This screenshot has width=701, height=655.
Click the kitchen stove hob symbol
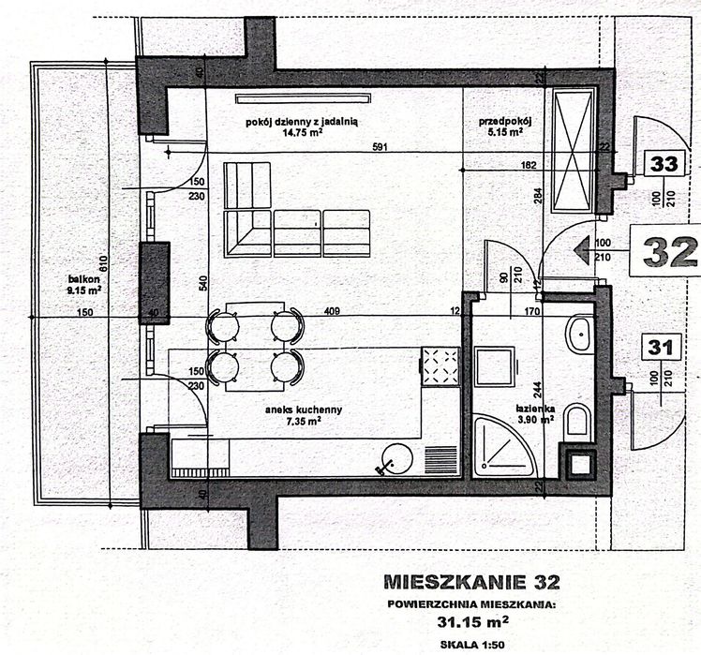439,368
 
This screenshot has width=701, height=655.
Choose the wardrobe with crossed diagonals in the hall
573,151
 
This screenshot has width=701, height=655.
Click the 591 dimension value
380,147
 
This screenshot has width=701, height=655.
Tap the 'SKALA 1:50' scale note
475,644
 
